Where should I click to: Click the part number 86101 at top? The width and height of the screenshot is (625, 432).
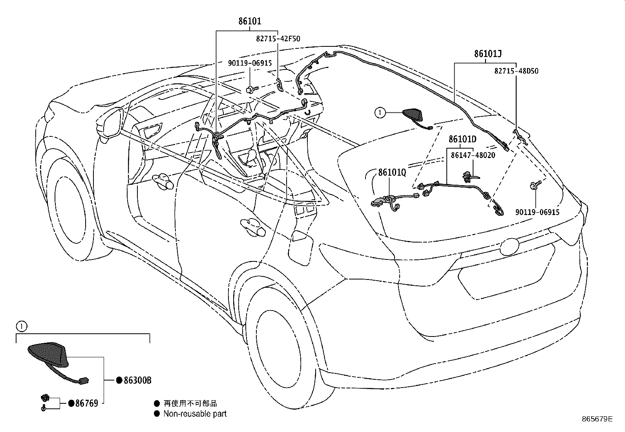coord(250,21)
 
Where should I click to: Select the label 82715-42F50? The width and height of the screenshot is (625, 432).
coord(278,39)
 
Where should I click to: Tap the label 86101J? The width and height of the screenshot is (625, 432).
coord(488,54)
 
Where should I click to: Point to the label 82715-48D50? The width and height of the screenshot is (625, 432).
coord(516,71)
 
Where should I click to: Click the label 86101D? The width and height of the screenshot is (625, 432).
coord(462,140)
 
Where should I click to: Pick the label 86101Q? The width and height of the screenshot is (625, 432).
coord(392,172)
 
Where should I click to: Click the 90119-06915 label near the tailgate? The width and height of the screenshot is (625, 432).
coord(537,212)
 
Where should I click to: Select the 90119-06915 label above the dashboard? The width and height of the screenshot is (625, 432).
coord(250,63)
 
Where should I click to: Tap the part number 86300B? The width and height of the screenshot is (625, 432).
coord(137,380)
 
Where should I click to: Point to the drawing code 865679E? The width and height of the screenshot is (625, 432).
coord(597,419)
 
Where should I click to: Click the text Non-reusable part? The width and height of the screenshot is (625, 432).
coord(195,414)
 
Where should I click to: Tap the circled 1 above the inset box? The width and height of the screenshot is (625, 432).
coord(22,326)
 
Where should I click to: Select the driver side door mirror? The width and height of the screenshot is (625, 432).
coord(112,124)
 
